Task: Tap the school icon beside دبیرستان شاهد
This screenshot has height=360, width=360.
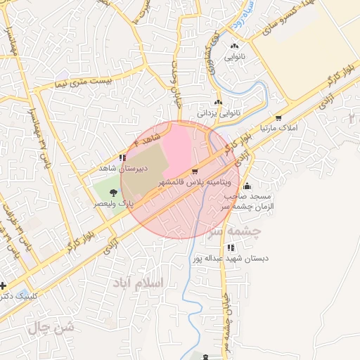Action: point(123,158)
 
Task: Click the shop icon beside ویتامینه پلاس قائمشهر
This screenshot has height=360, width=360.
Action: point(195,171)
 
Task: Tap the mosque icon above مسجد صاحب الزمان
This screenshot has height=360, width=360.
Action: point(247,186)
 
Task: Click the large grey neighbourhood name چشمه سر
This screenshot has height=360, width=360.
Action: point(237,231)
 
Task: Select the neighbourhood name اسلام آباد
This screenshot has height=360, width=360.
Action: point(137,282)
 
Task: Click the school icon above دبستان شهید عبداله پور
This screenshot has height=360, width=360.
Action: point(231,247)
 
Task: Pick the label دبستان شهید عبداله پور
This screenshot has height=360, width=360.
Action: point(231,259)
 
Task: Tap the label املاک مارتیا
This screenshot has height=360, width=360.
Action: point(279,129)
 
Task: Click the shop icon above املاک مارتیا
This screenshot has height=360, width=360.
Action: point(279,118)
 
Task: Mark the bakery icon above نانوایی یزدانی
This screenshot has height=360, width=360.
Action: point(219,103)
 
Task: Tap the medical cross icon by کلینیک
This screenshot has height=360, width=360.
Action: point(4,285)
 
